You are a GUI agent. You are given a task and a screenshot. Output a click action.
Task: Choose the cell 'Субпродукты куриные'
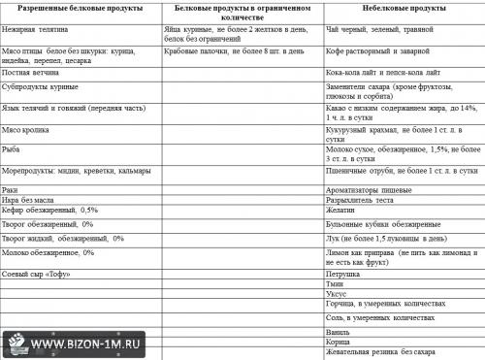click(x=44, y=86)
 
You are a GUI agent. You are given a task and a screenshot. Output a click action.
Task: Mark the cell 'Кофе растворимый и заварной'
click(x=378, y=53)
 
